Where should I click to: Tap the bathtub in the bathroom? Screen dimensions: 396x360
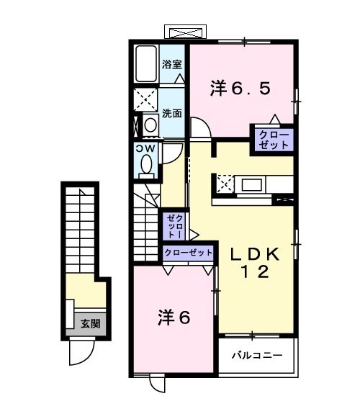[x=147, y=64]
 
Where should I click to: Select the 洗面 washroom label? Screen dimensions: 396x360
[x=171, y=113]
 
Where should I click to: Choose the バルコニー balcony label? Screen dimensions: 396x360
[x=258, y=356]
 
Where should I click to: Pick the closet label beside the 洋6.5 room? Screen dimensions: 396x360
[x=274, y=140]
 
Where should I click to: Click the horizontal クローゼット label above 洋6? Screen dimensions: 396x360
[x=189, y=253]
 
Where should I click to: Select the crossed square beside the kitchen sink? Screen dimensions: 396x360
[x=225, y=184]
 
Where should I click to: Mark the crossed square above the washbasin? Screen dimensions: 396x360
[x=146, y=100]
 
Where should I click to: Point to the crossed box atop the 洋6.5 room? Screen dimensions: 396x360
[x=186, y=32]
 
